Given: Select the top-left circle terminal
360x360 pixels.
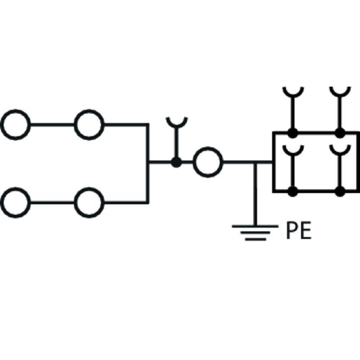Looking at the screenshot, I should pos(16,124).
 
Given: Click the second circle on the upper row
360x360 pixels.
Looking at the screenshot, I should pos(89,124).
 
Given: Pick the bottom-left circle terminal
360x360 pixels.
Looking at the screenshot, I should pos(16,202).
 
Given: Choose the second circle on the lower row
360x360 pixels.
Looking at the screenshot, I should pos(89,202).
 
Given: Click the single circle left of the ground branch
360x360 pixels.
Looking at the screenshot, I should pos(208,162).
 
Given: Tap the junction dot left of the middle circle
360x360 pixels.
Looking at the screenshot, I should pos(176,162).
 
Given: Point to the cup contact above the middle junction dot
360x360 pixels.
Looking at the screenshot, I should pos(176,121).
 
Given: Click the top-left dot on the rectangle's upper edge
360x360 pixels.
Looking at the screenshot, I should pos(293,133).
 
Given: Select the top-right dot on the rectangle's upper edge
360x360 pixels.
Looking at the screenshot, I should pos(340,133).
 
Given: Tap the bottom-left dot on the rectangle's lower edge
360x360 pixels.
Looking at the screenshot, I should pos(293,191).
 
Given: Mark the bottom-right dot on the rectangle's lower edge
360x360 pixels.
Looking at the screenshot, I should pos(340,191).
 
